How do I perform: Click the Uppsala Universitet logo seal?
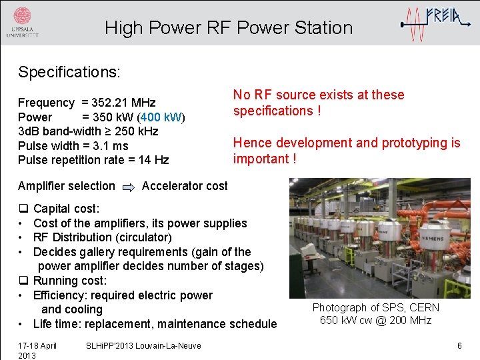[22, 17]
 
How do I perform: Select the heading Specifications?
[69, 71]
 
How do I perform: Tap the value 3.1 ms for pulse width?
[111, 146]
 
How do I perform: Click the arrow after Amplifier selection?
[129, 187]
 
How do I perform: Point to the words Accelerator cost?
[185, 186]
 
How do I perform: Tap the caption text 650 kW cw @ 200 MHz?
[376, 321]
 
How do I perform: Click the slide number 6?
[459, 345]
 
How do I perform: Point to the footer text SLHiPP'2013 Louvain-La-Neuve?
[144, 345]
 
